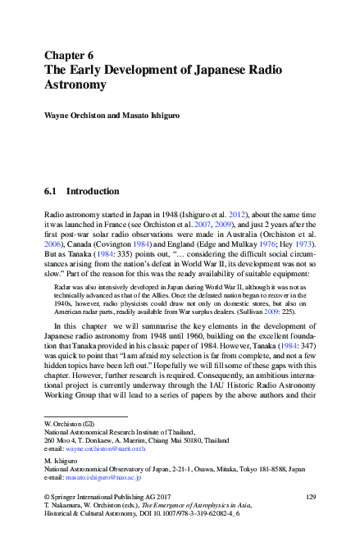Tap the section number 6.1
pos(52,191)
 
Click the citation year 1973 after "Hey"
pos(303,243)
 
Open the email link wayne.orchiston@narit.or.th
pos(103,448)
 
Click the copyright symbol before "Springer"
pos(47,497)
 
